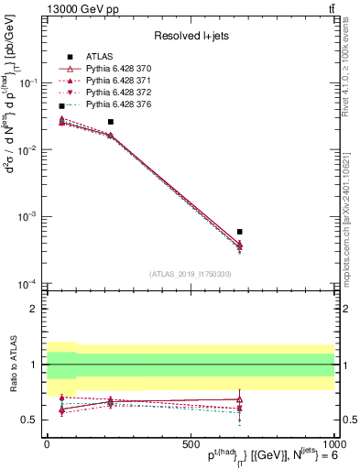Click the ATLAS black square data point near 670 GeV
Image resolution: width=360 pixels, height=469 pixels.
pyautogui.click(x=239, y=232)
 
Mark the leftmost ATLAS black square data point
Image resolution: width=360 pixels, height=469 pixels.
pyautogui.click(x=61, y=106)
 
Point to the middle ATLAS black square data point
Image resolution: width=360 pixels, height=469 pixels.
pyautogui.click(x=111, y=122)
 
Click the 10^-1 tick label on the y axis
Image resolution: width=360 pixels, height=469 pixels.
pyautogui.click(x=29, y=82)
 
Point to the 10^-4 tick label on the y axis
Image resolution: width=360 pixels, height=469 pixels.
pyautogui.click(x=29, y=284)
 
